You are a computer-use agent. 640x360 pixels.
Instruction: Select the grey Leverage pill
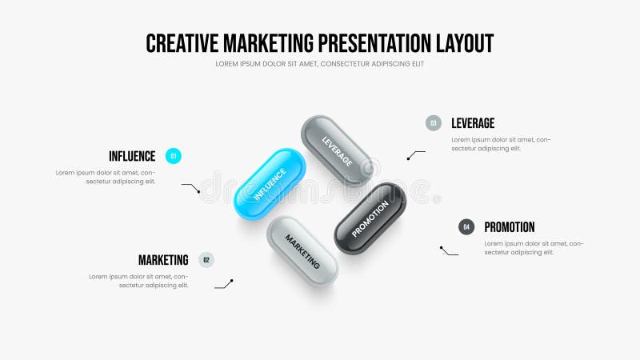tap(336, 150)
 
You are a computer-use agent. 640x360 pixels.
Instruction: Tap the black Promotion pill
tap(370, 218)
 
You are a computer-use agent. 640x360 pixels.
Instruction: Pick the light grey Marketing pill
tap(302, 250)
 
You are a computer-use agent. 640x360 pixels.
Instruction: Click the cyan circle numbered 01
tap(174, 156)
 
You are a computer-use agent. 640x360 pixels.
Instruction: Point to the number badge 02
tap(206, 259)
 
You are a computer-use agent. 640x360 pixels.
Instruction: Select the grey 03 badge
tap(434, 123)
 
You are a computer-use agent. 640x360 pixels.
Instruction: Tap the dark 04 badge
tap(466, 226)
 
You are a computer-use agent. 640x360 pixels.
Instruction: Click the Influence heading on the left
tap(132, 156)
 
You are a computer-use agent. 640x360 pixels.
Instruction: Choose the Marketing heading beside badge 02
tap(163, 259)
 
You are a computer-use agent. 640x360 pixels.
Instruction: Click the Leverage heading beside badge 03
tap(473, 123)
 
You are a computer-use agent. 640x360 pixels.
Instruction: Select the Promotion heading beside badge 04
tap(510, 226)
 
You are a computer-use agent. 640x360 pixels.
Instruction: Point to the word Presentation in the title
tap(368, 42)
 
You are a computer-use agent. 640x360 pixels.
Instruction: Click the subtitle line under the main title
tap(319, 64)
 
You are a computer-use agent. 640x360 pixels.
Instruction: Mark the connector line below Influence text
tap(191, 188)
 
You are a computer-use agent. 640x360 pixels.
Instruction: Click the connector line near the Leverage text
tap(416, 154)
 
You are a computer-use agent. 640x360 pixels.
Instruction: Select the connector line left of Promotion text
tap(449, 251)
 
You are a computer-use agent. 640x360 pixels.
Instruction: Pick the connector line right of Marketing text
tap(224, 284)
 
